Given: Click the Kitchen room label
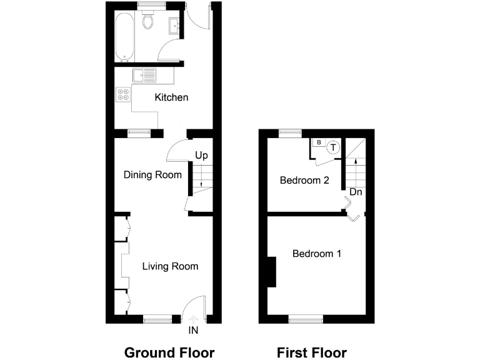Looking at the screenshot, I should [x=171, y=97].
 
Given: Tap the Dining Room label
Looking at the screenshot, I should [x=152, y=175].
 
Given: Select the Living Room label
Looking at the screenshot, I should [x=170, y=266].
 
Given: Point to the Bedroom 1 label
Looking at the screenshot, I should [x=317, y=254].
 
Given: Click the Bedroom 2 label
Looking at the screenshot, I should [x=304, y=181].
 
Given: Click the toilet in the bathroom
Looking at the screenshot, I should [x=148, y=22].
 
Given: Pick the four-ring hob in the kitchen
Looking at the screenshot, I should [x=123, y=95].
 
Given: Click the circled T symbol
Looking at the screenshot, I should [x=334, y=148].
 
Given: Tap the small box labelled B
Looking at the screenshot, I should [x=319, y=143].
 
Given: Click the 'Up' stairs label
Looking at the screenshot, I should [x=201, y=155].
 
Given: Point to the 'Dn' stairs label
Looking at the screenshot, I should [x=356, y=192].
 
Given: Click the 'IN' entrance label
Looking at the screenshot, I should [x=194, y=329].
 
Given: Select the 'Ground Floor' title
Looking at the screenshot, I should [x=169, y=352].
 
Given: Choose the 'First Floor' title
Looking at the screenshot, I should [x=312, y=352].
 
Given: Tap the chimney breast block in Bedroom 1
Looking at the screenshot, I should [x=271, y=272].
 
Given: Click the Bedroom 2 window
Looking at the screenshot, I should [x=289, y=132].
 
